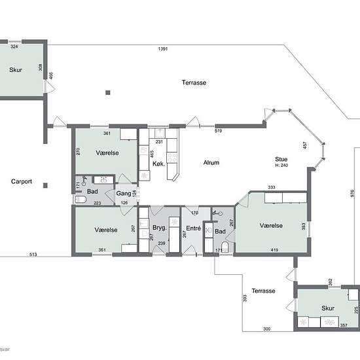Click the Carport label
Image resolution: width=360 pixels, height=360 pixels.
pyautogui.click(x=22, y=181)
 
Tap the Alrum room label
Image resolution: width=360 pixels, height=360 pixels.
pyautogui.click(x=211, y=163)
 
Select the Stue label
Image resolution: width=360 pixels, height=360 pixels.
pyautogui.click(x=281, y=159)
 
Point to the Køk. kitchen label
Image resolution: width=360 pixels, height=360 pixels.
pyautogui.click(x=158, y=164)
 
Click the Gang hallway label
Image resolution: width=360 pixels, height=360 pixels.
pyautogui.click(x=124, y=194)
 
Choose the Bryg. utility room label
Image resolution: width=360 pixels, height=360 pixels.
pyautogui.click(x=160, y=228)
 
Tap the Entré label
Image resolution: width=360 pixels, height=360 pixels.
pyautogui.click(x=193, y=228)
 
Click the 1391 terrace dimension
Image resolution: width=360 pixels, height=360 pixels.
pyautogui.click(x=163, y=48)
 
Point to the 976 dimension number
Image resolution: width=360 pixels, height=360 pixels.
pyautogui.click(x=352, y=193)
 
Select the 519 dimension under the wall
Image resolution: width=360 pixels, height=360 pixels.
pyautogui.click(x=218, y=131)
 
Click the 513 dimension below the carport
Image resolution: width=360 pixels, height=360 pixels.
pyautogui.click(x=33, y=255)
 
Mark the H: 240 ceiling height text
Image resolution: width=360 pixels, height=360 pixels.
pyautogui.click(x=281, y=165)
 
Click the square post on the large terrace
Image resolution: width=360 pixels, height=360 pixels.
pyautogui.click(x=108, y=92)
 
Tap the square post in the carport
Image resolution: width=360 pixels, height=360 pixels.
pyautogui.click(x=45, y=185)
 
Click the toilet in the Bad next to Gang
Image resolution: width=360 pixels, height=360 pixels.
pyautogui.click(x=81, y=200)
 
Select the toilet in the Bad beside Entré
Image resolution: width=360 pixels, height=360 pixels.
pyautogui.click(x=225, y=247)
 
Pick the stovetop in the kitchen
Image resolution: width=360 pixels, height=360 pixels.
pyautogui.click(x=172, y=158)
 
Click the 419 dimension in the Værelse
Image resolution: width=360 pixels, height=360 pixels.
pyautogui.click(x=274, y=250)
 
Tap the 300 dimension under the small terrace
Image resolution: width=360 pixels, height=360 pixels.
pyautogui.click(x=266, y=329)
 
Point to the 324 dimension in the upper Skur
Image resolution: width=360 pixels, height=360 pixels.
pyautogui.click(x=14, y=46)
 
